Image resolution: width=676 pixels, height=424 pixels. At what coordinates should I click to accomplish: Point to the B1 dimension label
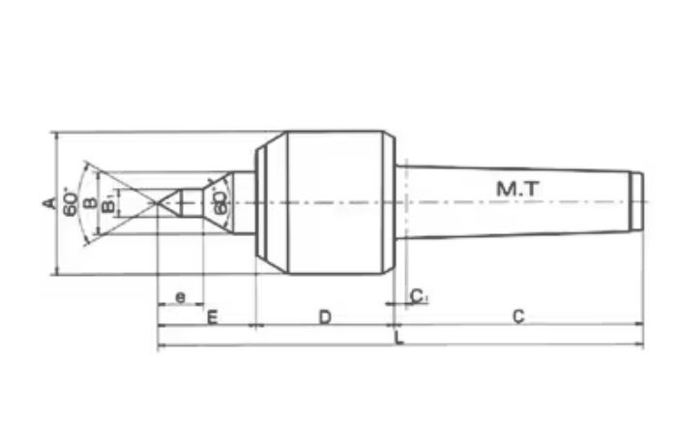pos(109,203)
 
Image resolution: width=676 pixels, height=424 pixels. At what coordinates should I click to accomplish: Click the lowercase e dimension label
pos(180,296)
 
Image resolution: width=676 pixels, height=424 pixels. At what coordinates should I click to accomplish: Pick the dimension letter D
pos(326,317)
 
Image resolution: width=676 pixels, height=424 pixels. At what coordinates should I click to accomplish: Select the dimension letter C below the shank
pos(518,317)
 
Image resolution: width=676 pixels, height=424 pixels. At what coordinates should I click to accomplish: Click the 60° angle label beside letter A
pos(70,202)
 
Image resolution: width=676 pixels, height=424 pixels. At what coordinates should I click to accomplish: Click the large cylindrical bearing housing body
pos(334,202)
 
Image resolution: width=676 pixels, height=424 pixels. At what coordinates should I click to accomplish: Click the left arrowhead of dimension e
pos(162,306)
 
